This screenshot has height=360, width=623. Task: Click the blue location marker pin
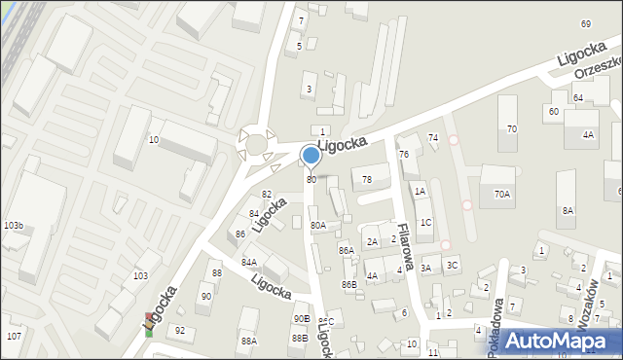click(x=311, y=156)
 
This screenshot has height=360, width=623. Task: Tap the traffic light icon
click(x=149, y=324)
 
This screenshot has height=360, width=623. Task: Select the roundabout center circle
click(x=256, y=144)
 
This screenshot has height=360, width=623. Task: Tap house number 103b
click(x=14, y=226)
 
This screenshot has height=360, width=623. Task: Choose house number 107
click(x=14, y=336)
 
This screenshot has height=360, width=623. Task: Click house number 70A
click(x=501, y=195)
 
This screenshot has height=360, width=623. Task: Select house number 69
click(x=585, y=23)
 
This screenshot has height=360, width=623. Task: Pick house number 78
click(x=367, y=180)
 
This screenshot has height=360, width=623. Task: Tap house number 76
click(x=403, y=156)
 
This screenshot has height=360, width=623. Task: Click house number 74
click(x=433, y=137)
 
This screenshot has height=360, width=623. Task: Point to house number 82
click(x=266, y=195)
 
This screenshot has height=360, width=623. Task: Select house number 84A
click(x=249, y=262)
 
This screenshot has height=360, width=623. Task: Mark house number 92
click(x=179, y=330)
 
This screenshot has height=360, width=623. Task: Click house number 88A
click(x=249, y=341)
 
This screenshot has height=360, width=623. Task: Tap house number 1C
click(x=425, y=222)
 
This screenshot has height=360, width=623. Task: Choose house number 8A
click(x=568, y=210)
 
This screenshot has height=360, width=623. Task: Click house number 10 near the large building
click(x=154, y=140)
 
